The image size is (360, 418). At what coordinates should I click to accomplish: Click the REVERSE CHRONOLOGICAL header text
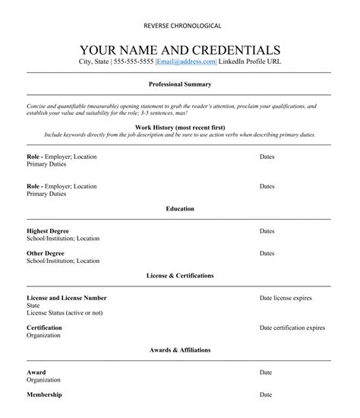(x=180, y=26)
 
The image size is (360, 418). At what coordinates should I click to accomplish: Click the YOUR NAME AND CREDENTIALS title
(x=180, y=49)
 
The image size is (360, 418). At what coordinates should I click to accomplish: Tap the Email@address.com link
(x=186, y=62)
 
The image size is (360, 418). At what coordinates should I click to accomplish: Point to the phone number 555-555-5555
(x=133, y=62)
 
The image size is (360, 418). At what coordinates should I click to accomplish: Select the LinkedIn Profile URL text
(x=249, y=62)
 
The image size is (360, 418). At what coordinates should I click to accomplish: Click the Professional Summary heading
(x=180, y=84)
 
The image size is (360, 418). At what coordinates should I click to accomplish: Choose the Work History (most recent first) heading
(x=180, y=126)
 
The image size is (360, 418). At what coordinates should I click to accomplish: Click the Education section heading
(x=180, y=208)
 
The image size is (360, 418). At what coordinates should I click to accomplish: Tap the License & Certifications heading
(x=180, y=275)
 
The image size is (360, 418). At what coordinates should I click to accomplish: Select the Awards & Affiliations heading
(x=180, y=350)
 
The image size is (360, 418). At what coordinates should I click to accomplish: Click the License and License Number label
(x=66, y=298)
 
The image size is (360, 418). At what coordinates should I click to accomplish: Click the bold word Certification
(x=44, y=328)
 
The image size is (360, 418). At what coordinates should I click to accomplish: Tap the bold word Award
(x=36, y=372)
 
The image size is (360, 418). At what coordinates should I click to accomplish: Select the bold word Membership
(x=44, y=395)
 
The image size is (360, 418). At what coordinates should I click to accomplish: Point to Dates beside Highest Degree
(x=267, y=230)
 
